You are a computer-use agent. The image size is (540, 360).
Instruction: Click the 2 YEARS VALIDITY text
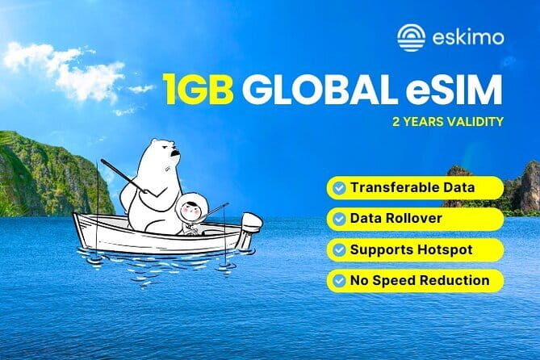point(449,123)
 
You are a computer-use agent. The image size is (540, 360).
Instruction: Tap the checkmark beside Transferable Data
point(337,188)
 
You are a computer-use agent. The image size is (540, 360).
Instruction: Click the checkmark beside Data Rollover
point(337,219)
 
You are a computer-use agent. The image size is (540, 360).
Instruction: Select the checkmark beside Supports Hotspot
point(337,249)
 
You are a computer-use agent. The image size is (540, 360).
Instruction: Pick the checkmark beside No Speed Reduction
point(337,280)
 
